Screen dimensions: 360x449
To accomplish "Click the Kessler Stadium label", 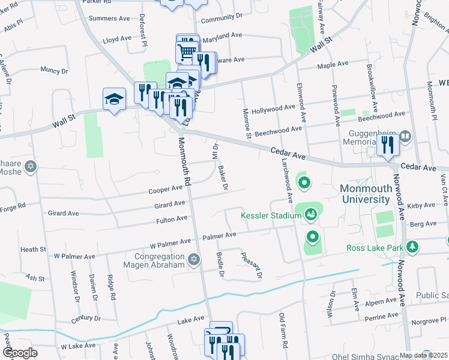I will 271,215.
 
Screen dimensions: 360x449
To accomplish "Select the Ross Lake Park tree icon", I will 412,247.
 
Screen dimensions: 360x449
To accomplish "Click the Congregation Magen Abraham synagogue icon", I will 193,260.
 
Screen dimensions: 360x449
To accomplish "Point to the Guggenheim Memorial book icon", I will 406,137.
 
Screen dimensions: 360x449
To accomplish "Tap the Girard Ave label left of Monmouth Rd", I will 64,213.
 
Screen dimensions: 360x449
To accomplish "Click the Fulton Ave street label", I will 173,220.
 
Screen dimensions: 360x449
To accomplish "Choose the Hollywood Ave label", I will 273,109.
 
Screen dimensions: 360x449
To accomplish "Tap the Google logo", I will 20,353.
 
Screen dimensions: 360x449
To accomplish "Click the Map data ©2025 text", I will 424,355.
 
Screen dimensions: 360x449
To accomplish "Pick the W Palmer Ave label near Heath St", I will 74,256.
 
